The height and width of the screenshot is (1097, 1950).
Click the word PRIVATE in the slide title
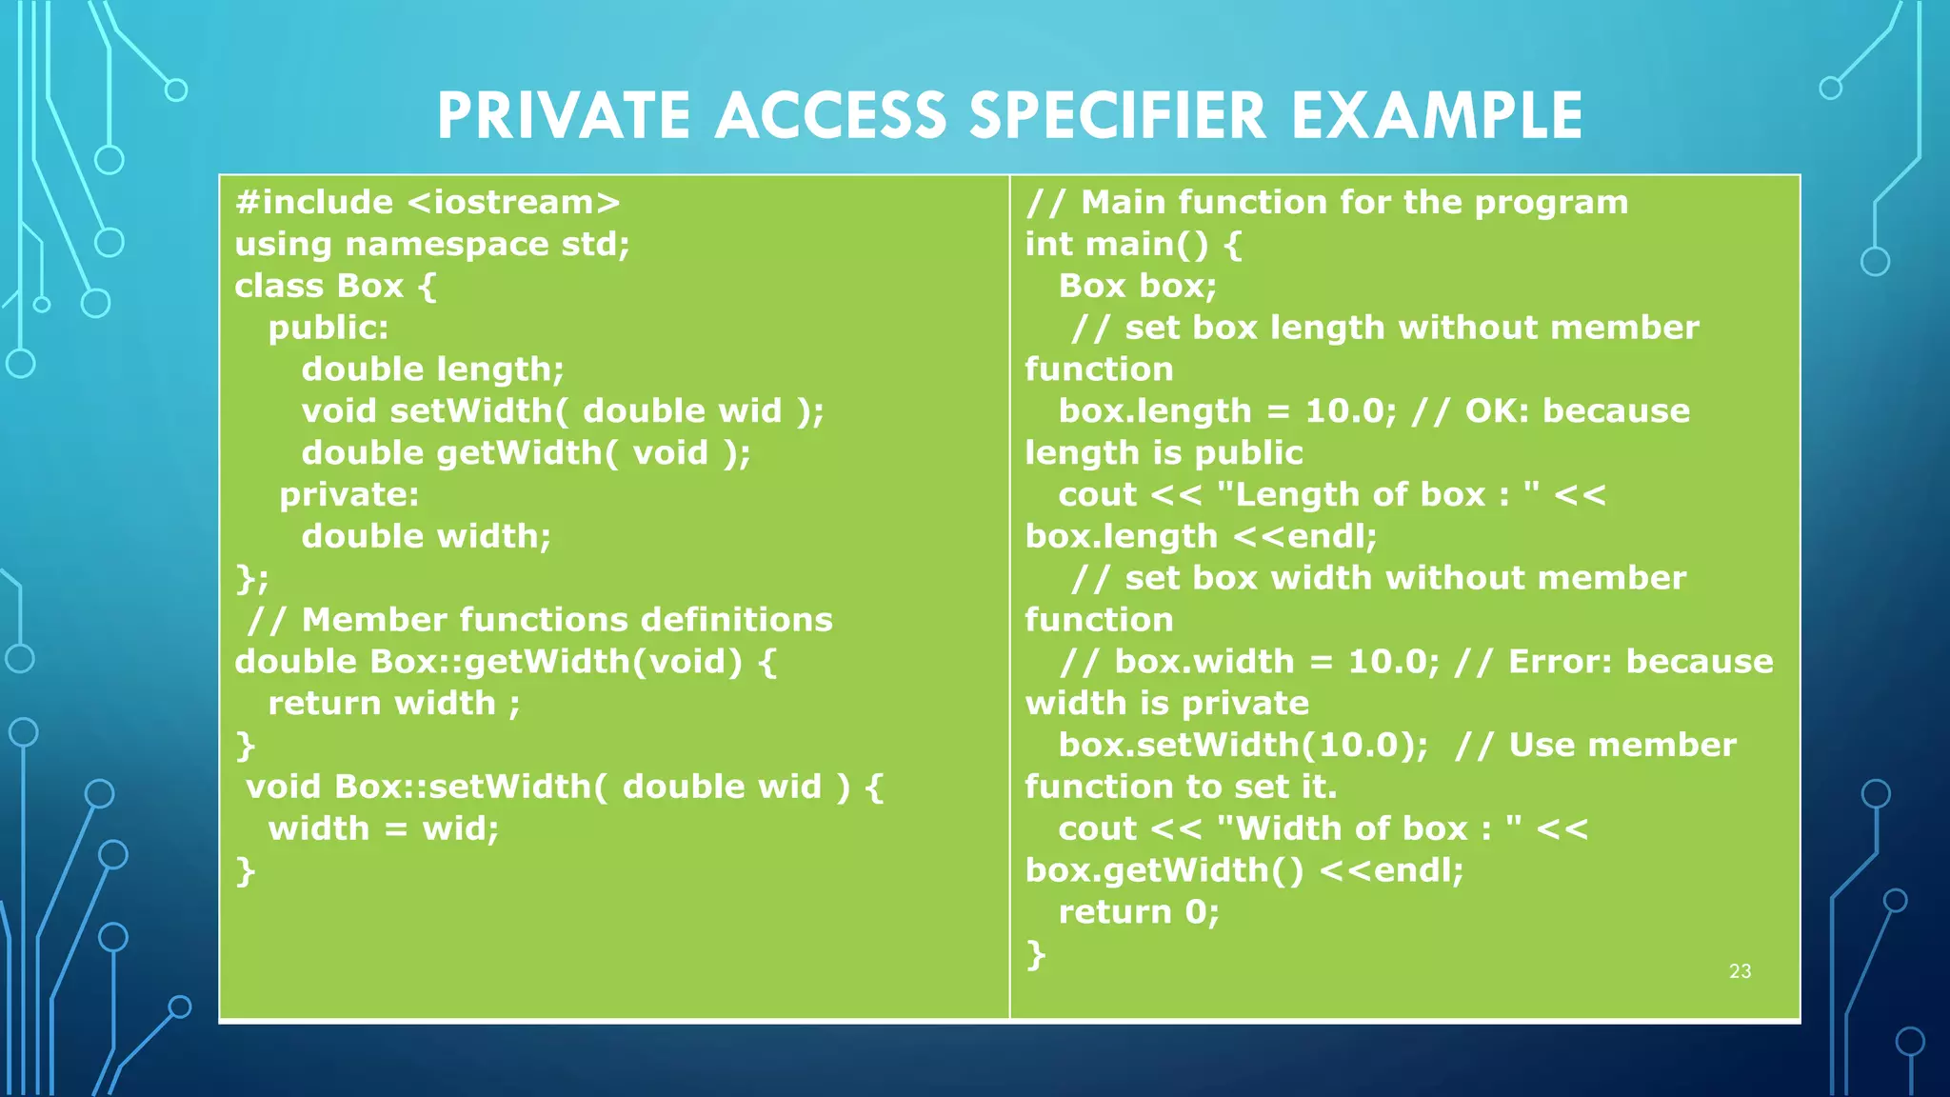[x=564, y=116]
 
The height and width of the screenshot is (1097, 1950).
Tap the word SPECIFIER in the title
[x=1118, y=116]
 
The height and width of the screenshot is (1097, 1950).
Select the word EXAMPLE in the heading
[x=1437, y=116]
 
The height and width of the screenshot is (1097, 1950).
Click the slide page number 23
[x=1740, y=971]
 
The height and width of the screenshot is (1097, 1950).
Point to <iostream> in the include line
[x=513, y=203]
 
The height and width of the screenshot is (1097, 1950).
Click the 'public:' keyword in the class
[x=328, y=329]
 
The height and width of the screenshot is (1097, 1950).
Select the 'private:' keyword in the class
[x=348, y=495]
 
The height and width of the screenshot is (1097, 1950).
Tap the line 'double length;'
[x=432, y=369]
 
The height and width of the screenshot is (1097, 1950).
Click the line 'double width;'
[x=426, y=537]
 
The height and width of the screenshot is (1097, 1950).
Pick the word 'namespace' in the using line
[x=447, y=245]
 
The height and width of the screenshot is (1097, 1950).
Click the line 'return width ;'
[x=394, y=704]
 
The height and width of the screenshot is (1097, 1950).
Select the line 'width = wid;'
[x=383, y=828]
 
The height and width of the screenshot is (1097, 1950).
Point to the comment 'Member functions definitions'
[x=567, y=620]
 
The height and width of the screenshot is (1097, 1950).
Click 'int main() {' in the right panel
[x=1133, y=245]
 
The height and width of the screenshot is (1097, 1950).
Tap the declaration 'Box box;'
[x=1137, y=287]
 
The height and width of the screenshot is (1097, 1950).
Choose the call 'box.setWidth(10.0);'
[x=1243, y=746]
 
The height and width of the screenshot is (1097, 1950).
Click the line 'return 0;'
[x=1138, y=912]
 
